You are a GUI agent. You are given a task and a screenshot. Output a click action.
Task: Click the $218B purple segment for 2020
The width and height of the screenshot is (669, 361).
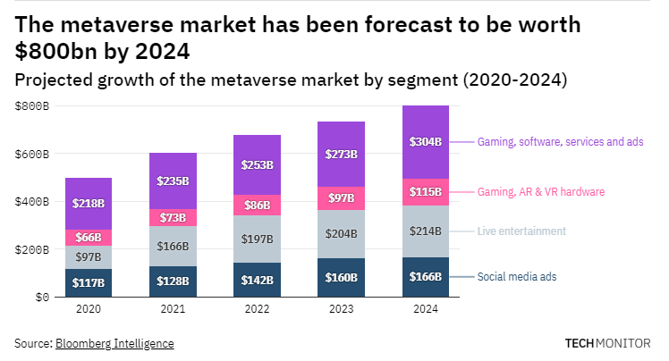click(x=89, y=204)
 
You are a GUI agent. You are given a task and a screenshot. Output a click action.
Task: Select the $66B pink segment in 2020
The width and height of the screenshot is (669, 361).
click(x=89, y=238)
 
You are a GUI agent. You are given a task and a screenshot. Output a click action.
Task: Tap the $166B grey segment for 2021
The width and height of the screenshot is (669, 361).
click(x=173, y=246)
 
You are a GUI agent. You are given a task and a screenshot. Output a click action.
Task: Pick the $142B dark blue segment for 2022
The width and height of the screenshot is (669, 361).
click(x=258, y=280)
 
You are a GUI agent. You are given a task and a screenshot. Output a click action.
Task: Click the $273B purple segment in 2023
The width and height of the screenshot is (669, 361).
click(x=342, y=154)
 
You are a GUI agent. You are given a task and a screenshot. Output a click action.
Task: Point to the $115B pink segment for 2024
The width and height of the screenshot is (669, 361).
click(x=426, y=192)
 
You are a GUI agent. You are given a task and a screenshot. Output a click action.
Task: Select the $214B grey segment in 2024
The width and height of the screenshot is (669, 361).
click(x=426, y=231)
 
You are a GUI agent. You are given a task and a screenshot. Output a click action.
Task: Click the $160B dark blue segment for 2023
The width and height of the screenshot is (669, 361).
click(x=342, y=277)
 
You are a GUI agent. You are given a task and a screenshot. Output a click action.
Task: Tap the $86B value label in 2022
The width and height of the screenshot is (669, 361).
click(x=258, y=205)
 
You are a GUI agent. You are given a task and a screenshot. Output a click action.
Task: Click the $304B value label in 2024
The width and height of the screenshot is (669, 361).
click(x=426, y=142)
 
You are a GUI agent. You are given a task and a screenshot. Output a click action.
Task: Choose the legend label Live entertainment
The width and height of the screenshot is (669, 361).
click(x=521, y=231)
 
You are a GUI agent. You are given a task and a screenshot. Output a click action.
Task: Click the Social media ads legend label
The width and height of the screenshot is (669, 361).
click(x=517, y=277)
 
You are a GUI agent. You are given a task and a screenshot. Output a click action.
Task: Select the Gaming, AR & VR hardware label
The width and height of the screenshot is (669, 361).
click(x=541, y=192)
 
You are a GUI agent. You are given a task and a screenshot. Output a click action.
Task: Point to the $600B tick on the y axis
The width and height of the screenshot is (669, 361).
click(x=32, y=154)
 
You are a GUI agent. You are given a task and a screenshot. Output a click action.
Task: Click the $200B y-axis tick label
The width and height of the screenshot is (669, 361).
click(x=32, y=249)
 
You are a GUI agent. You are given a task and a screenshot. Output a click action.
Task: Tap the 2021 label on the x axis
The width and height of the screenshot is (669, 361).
click(x=173, y=310)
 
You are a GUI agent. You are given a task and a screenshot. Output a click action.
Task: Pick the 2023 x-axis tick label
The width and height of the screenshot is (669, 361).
click(x=342, y=310)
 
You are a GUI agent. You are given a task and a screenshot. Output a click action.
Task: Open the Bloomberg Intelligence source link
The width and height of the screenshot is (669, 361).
click(x=114, y=343)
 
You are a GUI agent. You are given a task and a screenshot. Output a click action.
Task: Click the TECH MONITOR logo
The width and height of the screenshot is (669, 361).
click(x=608, y=343)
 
